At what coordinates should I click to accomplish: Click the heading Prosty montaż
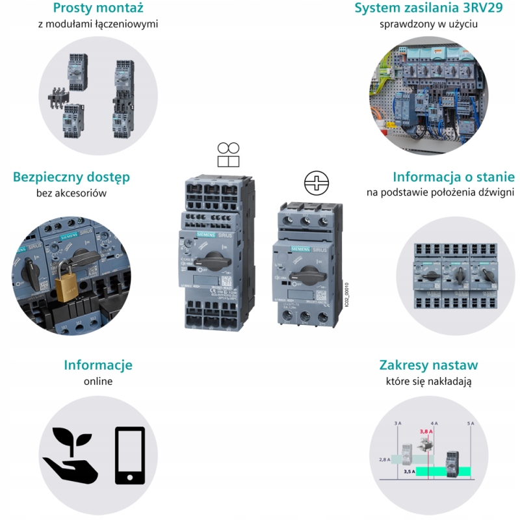pyautogui.click(x=97, y=9)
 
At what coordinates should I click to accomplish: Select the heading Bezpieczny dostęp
pyautogui.click(x=71, y=177)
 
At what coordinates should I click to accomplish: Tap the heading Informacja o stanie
pyautogui.click(x=453, y=177)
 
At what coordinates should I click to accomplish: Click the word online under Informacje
pyautogui.click(x=97, y=382)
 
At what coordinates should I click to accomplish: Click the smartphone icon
pyautogui.click(x=130, y=455)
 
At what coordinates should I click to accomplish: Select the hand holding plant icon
pyautogui.click(x=70, y=455)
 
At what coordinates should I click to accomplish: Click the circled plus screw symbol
pyautogui.click(x=317, y=183)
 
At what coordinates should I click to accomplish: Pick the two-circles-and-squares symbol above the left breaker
pyautogui.click(x=228, y=155)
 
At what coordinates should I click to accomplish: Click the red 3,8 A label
pyautogui.click(x=426, y=431)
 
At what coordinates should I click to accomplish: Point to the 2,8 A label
pyautogui.click(x=384, y=459)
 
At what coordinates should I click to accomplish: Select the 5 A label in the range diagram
pyautogui.click(x=471, y=423)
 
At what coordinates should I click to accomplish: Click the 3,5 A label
pyautogui.click(x=409, y=471)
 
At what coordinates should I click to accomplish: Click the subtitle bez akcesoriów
pyautogui.click(x=71, y=193)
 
